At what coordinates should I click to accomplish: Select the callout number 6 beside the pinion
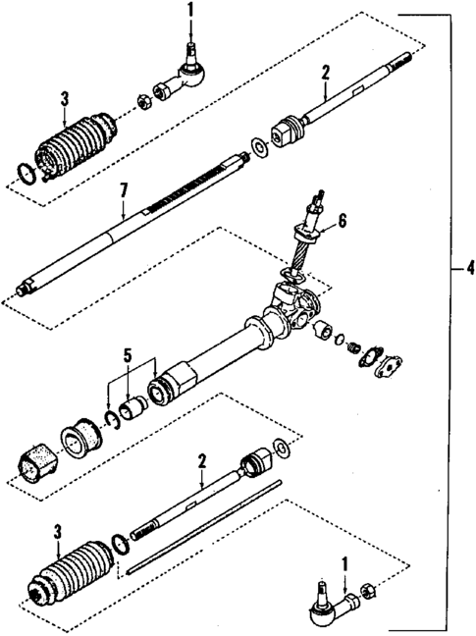tap(343, 223)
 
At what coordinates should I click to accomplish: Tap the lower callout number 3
tap(58, 532)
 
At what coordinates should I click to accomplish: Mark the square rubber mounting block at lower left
tap(36, 462)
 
